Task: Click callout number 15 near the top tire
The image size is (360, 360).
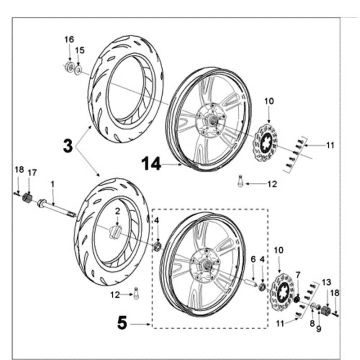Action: [x=80, y=49]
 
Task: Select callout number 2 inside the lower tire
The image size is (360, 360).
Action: [x=116, y=212]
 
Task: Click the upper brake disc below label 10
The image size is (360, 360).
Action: [x=268, y=139]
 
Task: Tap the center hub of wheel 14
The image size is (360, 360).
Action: [x=211, y=124]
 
